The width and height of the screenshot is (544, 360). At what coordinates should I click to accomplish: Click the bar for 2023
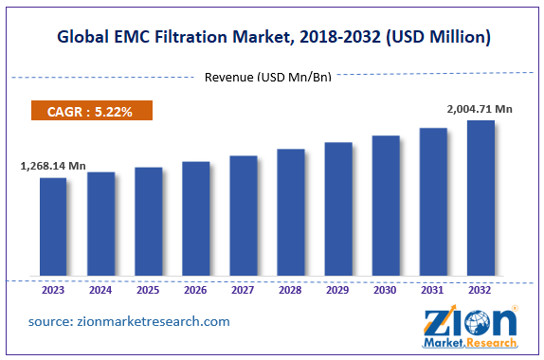pos(53,228)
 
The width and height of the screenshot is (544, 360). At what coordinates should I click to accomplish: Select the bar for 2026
pos(195,220)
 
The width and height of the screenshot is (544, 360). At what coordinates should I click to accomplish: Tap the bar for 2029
pos(338,210)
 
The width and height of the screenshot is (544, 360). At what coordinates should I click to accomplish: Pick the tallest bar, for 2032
pos(481,199)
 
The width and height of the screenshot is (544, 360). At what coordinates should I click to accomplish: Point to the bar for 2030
pos(386,207)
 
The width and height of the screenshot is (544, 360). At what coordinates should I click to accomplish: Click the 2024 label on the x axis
pos(100,291)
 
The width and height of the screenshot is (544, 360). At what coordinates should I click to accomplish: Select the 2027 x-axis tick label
pos(243,291)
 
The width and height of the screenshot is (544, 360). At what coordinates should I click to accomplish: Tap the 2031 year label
pos(433,291)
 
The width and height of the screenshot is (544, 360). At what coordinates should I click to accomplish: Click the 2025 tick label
pos(148,291)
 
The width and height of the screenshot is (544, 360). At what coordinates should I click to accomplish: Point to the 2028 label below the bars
pos(290,291)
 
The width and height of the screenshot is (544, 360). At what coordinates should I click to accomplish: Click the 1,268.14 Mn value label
pos(53,167)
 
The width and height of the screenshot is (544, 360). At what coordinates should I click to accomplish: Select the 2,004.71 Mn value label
pos(480,110)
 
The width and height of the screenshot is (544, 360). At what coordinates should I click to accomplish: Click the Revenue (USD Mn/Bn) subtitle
pos(268,77)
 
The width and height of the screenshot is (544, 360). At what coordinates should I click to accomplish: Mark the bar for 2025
pos(148,224)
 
